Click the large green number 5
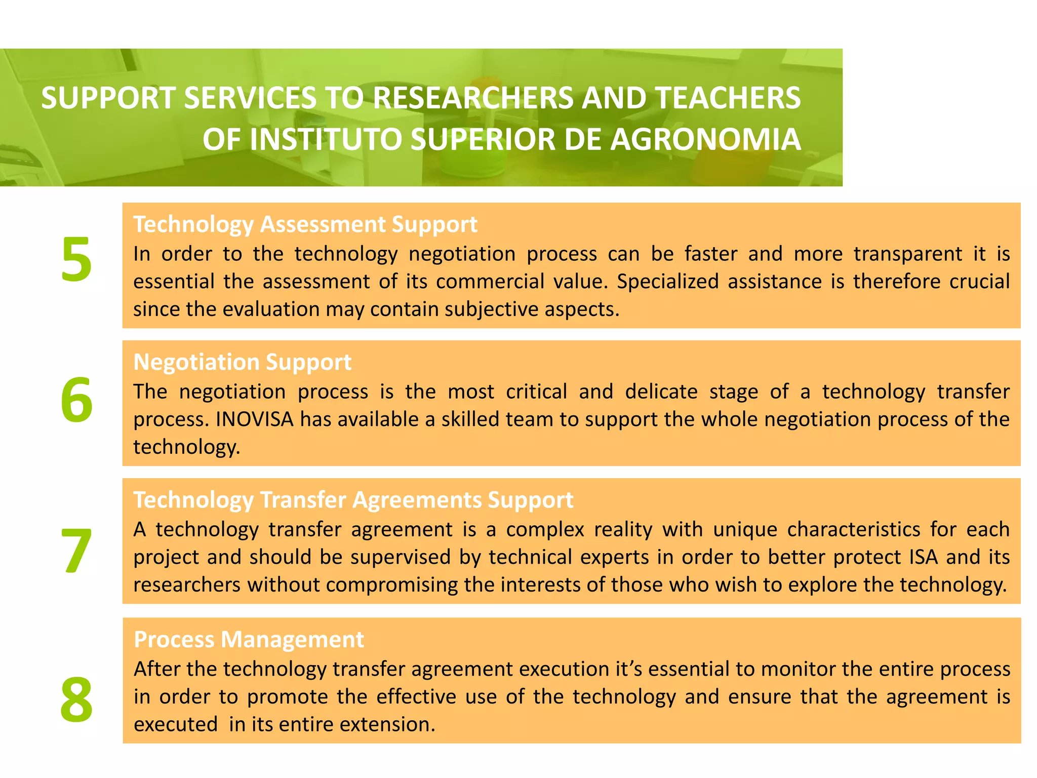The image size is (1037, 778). [76, 259]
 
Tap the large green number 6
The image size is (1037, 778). [76, 400]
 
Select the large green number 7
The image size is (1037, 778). [76, 550]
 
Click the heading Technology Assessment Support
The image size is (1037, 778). [305, 224]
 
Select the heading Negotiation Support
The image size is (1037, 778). [242, 362]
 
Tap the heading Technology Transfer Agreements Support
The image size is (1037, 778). [353, 500]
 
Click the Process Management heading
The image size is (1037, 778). [249, 639]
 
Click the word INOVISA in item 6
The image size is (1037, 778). [254, 419]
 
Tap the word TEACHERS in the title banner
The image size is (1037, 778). [729, 98]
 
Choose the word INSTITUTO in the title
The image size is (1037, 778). [325, 139]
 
